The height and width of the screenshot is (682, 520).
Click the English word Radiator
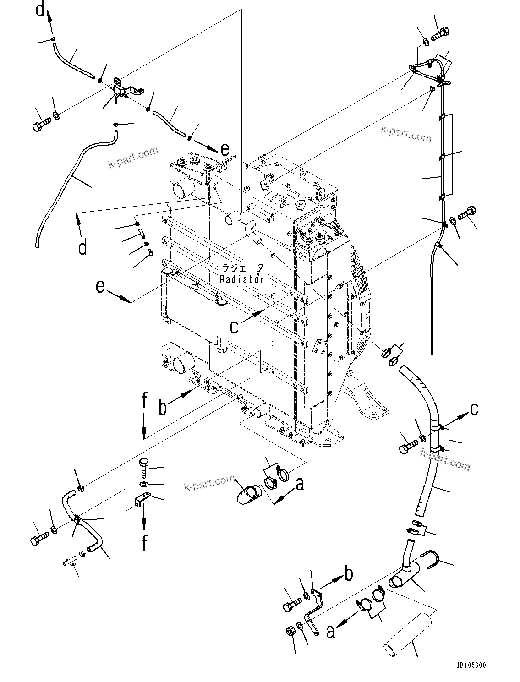point(242,279)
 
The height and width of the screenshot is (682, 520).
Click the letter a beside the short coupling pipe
point(300,483)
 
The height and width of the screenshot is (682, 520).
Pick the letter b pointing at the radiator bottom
point(163,407)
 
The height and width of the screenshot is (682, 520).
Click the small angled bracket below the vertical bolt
point(142,500)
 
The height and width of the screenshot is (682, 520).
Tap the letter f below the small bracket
point(144,543)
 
